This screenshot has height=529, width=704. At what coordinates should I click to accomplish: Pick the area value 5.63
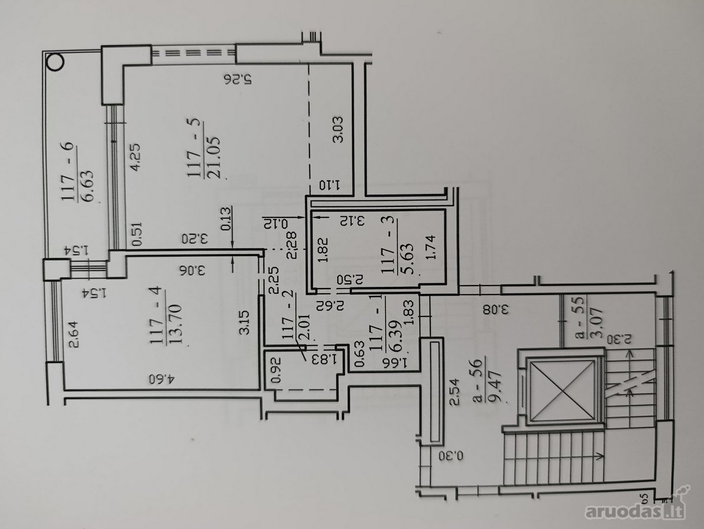tap(406, 258)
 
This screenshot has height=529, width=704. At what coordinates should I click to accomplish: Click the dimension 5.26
tap(238, 80)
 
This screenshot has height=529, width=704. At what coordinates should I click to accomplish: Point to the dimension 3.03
tap(338, 129)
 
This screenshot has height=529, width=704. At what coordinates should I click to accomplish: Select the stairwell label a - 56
tap(479, 380)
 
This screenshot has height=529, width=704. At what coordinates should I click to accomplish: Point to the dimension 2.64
tap(73, 334)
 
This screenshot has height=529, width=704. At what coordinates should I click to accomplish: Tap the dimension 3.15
tap(244, 322)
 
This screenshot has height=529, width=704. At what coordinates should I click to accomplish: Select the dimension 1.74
tap(431, 247)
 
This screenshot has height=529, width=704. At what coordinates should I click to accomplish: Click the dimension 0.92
tap(276, 369)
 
